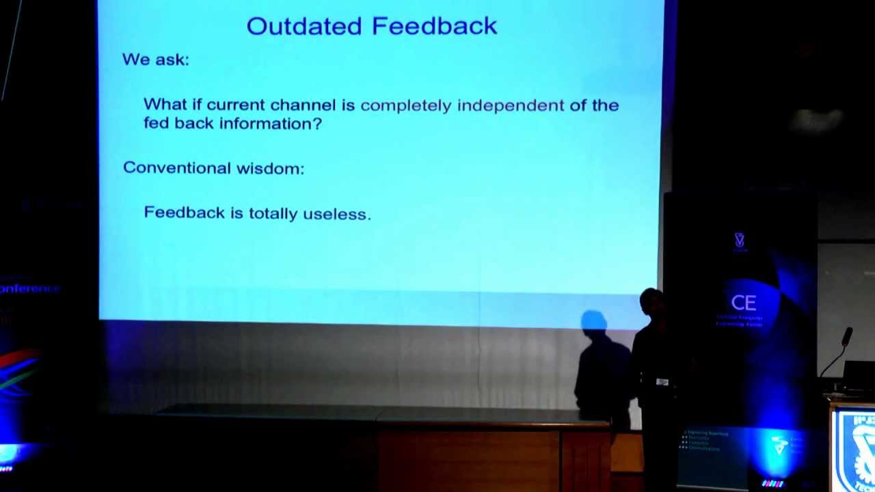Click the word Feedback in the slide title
pos(435,26)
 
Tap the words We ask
pos(155,59)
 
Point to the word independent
pos(510,105)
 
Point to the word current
pos(236,105)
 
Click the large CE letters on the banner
pos(743,303)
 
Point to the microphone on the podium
pos(847,336)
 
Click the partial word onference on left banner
pos(30,288)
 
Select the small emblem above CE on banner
pos(739,240)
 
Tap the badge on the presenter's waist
pos(662,382)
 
